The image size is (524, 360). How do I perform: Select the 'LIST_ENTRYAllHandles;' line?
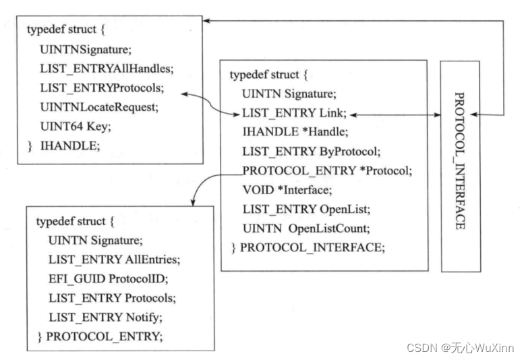97,68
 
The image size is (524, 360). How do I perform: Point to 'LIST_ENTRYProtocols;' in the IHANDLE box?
102,88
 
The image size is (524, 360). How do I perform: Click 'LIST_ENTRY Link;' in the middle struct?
295,113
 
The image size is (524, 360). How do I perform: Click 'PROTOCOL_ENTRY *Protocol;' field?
326,171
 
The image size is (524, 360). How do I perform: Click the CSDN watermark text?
461,347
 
